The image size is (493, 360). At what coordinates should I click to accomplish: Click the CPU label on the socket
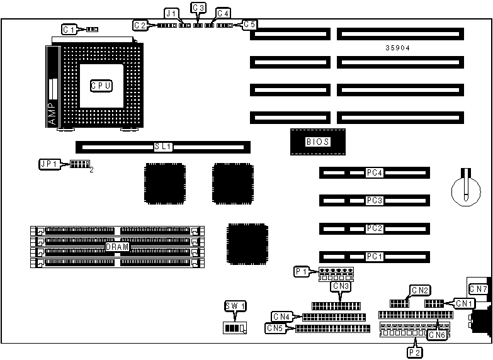click(101, 86)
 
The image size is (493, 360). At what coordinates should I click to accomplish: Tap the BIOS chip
click(317, 142)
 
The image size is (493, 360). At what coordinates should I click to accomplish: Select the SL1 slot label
click(162, 147)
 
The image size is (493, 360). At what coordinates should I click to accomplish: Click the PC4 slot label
click(374, 172)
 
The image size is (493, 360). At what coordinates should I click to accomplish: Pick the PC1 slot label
click(374, 257)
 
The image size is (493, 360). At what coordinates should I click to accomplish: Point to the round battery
click(465, 188)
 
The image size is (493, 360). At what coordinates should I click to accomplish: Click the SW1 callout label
click(235, 307)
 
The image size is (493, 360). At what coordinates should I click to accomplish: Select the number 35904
click(398, 48)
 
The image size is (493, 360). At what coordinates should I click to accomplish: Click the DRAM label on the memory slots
click(117, 247)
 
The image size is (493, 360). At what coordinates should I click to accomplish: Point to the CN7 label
click(479, 289)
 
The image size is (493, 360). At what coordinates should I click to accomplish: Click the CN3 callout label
click(341, 286)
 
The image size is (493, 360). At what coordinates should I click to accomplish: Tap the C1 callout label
click(69, 30)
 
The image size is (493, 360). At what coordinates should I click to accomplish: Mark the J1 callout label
click(171, 13)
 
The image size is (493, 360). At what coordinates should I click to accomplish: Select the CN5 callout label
click(275, 328)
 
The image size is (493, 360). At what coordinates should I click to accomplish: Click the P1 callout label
click(302, 272)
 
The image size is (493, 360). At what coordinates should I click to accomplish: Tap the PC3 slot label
click(374, 201)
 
